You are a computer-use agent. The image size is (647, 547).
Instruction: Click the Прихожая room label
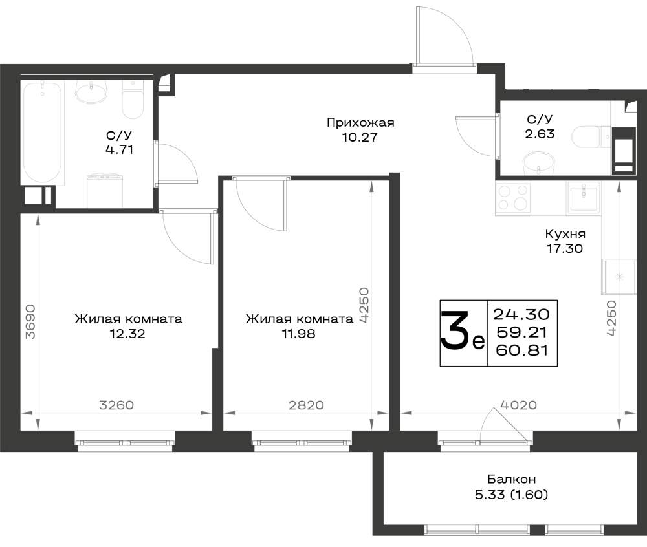coord(360,123)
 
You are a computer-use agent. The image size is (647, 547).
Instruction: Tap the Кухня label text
coord(565,233)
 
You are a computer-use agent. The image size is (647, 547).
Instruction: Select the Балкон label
coord(511,479)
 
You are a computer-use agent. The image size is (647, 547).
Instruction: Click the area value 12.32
coord(127,334)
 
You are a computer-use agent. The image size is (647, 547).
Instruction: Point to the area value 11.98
coord(298,334)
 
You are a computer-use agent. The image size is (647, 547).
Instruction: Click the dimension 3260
coord(116,405)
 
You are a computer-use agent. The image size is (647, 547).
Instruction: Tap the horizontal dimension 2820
coord(306,405)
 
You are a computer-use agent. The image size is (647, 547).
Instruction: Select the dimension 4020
coord(518,405)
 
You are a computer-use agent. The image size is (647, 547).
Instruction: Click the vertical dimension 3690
coord(30,321)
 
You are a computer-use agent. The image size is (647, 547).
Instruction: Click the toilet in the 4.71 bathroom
coord(133,99)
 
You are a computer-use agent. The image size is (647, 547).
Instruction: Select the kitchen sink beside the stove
coord(584,198)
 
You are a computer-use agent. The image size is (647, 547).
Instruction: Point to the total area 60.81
coord(521,350)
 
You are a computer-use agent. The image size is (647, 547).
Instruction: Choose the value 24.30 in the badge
coord(521,314)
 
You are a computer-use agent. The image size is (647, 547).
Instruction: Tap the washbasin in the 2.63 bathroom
coord(538,164)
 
